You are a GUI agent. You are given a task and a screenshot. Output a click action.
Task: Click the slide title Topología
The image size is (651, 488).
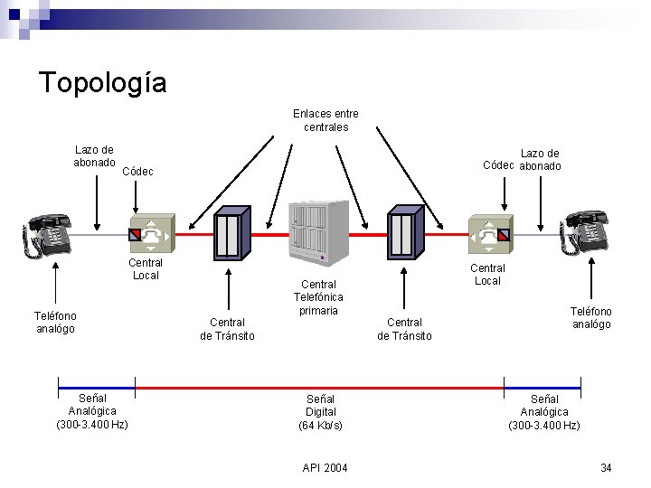(x=102, y=83)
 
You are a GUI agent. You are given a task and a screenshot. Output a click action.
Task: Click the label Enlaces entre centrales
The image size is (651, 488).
(x=325, y=120)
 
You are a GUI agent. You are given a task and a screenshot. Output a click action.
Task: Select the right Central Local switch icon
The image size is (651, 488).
(x=489, y=234)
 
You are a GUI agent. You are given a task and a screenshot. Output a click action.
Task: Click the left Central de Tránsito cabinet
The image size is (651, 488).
(x=231, y=233)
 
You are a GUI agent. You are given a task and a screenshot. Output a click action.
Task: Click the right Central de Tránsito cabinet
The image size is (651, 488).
(x=405, y=232)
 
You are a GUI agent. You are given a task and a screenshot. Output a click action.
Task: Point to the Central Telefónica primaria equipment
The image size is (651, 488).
(x=318, y=232)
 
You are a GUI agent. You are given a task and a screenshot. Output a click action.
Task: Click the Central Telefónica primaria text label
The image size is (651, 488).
(x=318, y=297)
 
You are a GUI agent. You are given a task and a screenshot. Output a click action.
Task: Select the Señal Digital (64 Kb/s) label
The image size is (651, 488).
(x=320, y=412)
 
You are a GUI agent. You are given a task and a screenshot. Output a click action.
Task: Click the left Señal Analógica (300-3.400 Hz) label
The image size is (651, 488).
(x=92, y=411)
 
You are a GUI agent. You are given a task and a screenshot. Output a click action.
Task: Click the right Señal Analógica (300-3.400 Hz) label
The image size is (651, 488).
(x=544, y=412)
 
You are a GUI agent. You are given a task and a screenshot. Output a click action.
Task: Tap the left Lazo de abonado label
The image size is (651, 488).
(x=94, y=156)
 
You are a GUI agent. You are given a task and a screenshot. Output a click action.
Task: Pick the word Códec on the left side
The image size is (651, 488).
(x=137, y=172)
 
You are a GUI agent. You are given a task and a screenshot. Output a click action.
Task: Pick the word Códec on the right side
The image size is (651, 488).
(x=499, y=165)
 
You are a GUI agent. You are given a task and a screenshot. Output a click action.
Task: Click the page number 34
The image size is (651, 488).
(x=606, y=467)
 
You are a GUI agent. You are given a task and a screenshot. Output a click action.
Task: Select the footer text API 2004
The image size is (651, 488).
(x=325, y=467)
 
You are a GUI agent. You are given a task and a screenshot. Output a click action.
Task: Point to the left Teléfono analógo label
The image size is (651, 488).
(x=55, y=323)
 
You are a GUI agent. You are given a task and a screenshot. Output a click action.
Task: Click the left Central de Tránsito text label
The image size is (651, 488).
(x=227, y=329)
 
